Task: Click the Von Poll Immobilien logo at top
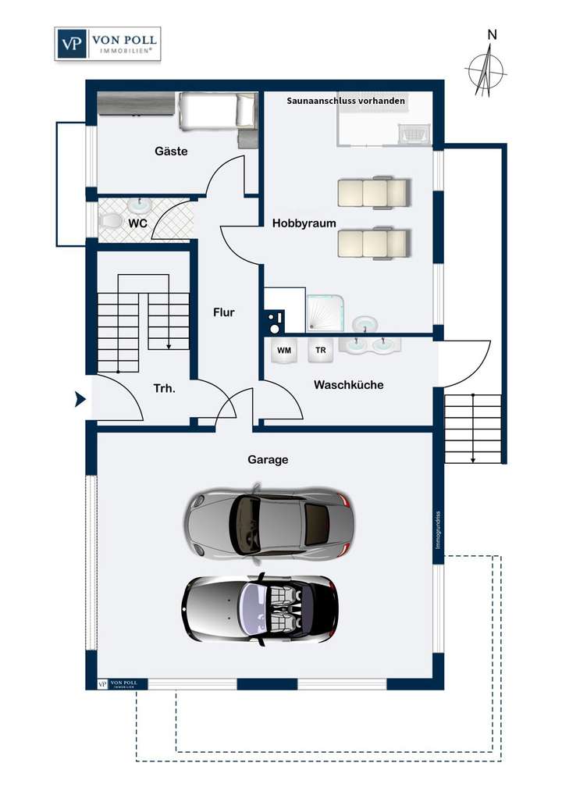click(x=107, y=44)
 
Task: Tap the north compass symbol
click(x=486, y=69)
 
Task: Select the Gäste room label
click(x=171, y=152)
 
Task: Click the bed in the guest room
click(x=217, y=110)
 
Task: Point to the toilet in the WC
click(x=111, y=222)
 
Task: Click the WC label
click(x=138, y=223)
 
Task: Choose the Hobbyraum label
click(x=304, y=223)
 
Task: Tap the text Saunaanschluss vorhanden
click(x=346, y=101)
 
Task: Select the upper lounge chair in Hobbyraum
click(x=373, y=191)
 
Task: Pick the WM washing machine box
click(x=284, y=351)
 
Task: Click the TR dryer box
click(x=320, y=351)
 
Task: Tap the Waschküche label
click(x=348, y=385)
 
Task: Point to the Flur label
click(x=224, y=312)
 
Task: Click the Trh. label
click(x=164, y=388)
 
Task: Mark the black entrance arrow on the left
click(x=80, y=400)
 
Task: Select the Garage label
click(x=268, y=460)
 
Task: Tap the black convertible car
click(x=260, y=608)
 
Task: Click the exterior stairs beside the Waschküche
click(x=472, y=429)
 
